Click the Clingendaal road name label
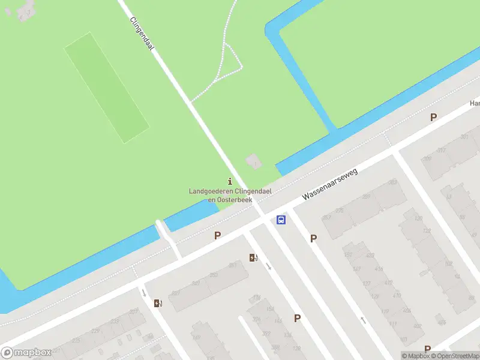142,34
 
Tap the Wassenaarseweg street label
330,184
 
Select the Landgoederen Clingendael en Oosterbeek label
222,195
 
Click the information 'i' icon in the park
230,181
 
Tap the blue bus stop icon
281,220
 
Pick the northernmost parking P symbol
433,118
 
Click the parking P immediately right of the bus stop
313,239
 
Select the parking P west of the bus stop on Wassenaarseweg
217,236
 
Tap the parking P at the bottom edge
427,349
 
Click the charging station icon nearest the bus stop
254,258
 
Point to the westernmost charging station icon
158,304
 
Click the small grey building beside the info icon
254,161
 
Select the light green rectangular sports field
107,88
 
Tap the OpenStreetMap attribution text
457,356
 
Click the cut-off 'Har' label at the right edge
475,103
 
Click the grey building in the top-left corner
24,9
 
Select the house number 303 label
393,182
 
